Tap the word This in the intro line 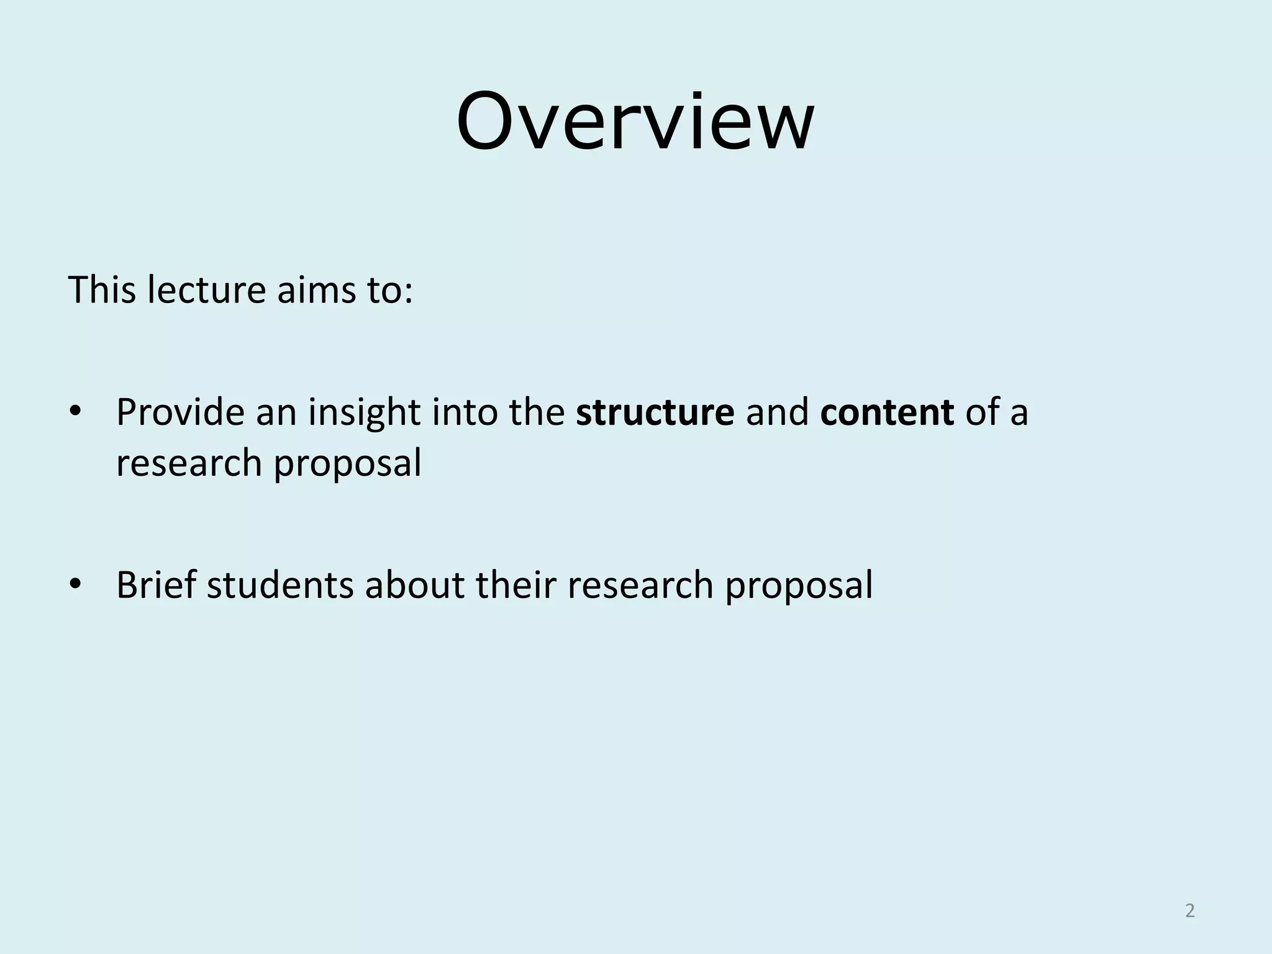pos(101,289)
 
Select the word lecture pos(206,289)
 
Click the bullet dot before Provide pos(76,412)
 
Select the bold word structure pos(655,412)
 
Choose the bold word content pos(886,412)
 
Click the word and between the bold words pos(777,412)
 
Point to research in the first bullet pos(189,463)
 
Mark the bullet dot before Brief pos(76,584)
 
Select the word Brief pos(156,584)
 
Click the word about pos(414,584)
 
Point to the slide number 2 pos(1189,911)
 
